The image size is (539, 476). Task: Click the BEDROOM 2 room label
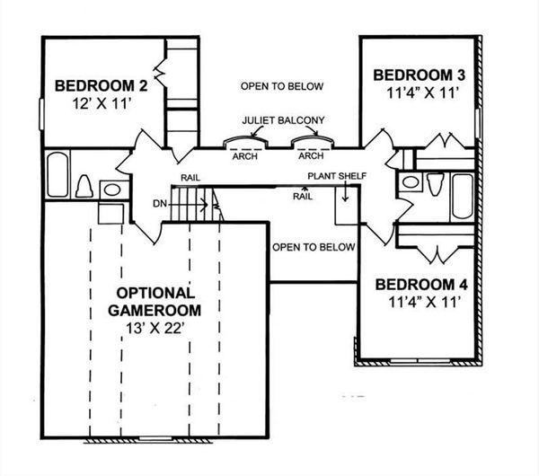coord(101,86)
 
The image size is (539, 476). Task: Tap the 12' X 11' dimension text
coord(101,103)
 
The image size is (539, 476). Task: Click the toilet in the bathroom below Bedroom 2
coord(84,187)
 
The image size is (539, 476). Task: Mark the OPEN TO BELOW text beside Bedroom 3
coord(281,86)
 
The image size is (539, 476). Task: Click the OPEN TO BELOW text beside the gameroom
coord(314,246)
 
